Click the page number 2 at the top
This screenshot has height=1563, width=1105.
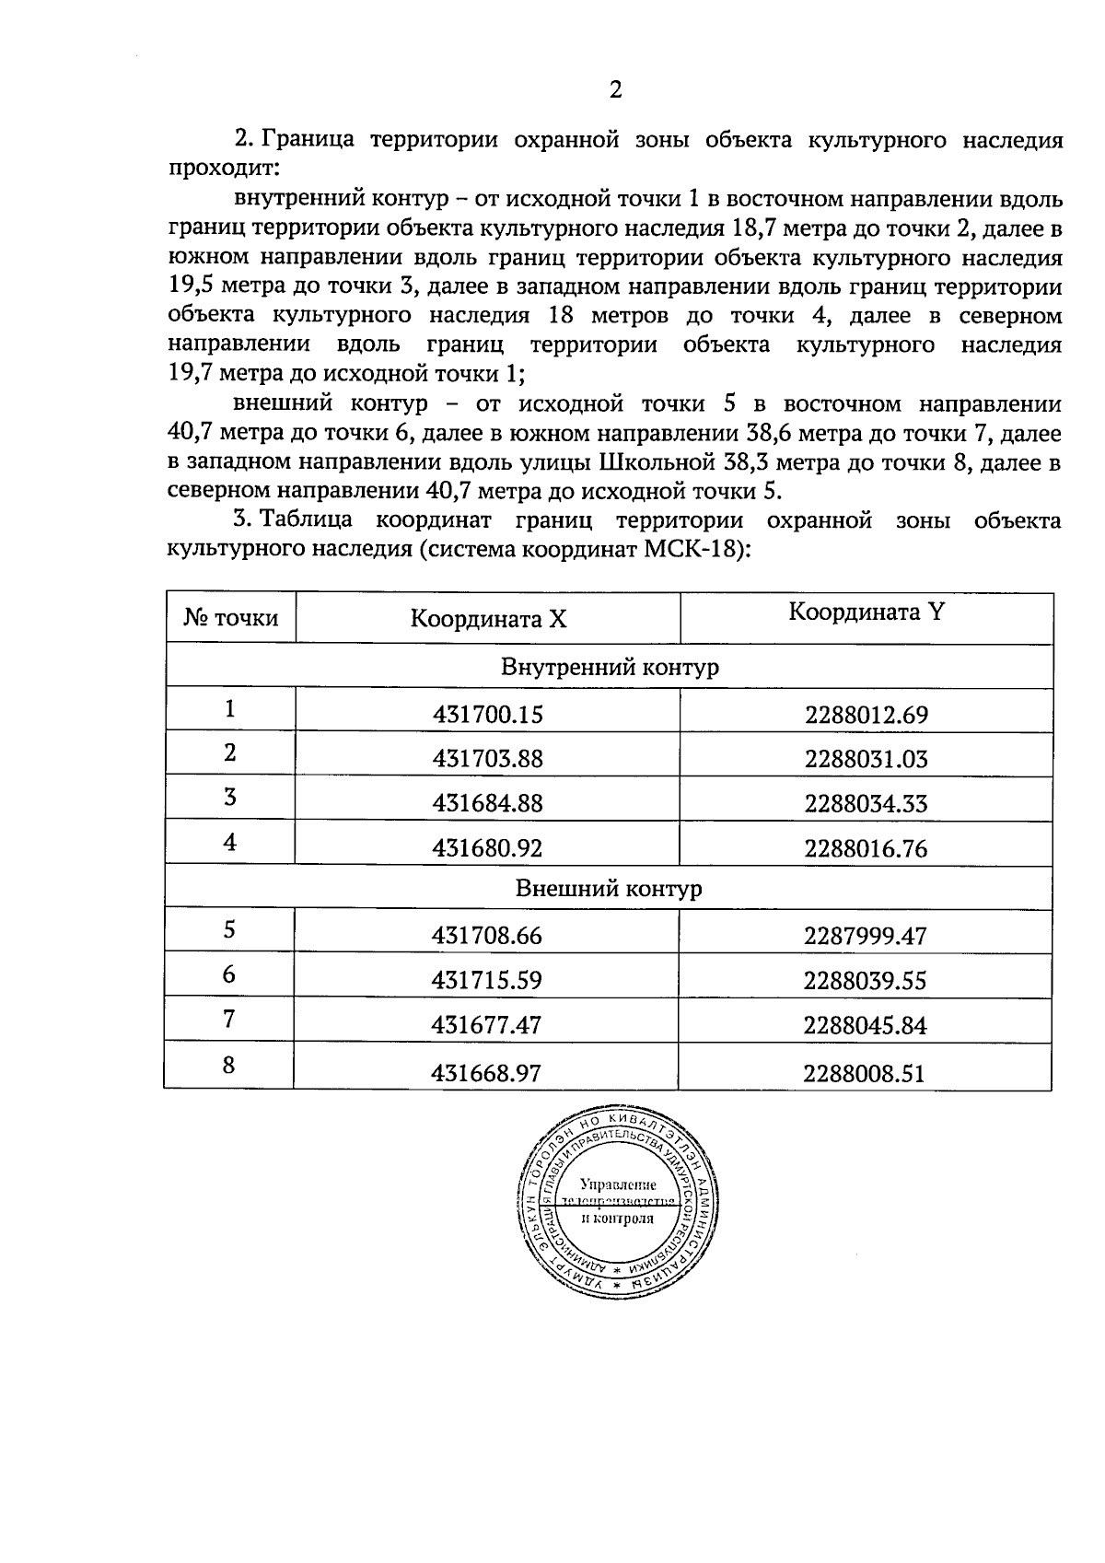pyautogui.click(x=615, y=89)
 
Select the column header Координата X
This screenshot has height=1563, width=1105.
pyautogui.click(x=488, y=619)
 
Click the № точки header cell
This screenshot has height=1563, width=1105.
pyautogui.click(x=230, y=618)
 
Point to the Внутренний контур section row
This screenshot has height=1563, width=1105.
pyautogui.click(x=609, y=667)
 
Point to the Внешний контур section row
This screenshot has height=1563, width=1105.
pyautogui.click(x=609, y=889)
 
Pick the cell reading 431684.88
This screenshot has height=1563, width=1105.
pyautogui.click(x=488, y=803)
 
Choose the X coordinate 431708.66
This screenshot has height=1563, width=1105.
pyautogui.click(x=487, y=937)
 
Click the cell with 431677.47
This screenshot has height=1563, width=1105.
pyautogui.click(x=487, y=1025)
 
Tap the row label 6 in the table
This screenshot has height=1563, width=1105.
pyautogui.click(x=229, y=974)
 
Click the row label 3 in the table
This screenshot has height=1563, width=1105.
pyautogui.click(x=229, y=797)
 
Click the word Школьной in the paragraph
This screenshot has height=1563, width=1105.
pyautogui.click(x=657, y=461)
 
